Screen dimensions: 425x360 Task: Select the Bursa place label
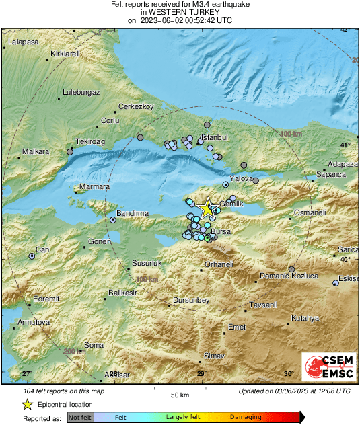221,231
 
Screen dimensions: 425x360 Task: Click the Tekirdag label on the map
91,142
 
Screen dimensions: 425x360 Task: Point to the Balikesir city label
123,293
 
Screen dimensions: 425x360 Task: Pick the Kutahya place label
305,317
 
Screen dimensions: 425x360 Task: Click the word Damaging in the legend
246,417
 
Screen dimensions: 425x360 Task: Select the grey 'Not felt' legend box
80,418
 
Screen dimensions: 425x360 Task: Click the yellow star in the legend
27,404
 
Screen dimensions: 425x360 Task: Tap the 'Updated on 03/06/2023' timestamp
294,391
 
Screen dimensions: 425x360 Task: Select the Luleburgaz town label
81,91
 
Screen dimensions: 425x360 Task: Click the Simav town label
214,355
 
